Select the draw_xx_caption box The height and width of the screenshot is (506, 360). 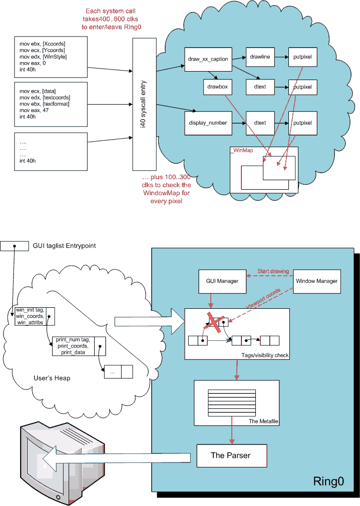(208, 59)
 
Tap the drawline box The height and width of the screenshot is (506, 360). (259, 58)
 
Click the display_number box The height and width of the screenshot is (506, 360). (208, 123)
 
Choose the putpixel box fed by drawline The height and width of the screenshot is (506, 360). (302, 58)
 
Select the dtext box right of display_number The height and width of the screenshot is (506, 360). (259, 123)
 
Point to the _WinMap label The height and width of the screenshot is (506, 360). (240, 150)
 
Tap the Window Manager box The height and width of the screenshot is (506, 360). (316, 281)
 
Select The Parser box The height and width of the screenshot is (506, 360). (231, 455)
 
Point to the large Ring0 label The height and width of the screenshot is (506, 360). (328, 482)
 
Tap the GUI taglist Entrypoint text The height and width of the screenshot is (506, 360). (64, 246)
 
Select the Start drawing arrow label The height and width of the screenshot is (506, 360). (273, 271)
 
